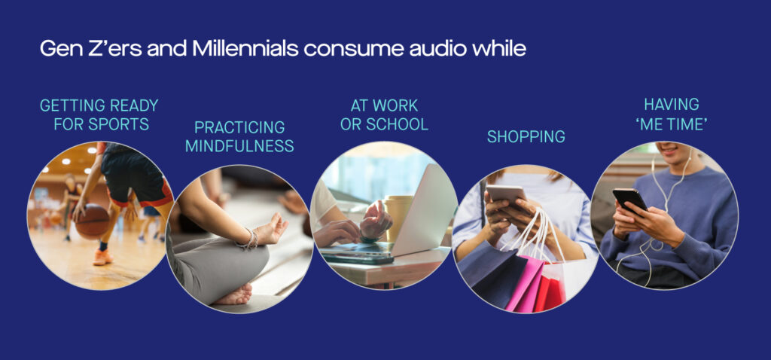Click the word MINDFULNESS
point(239,146)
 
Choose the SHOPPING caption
point(526,136)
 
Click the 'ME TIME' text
point(671,124)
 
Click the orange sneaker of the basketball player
point(102,257)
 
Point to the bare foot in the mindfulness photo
point(235,296)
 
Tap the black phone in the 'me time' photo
point(629,200)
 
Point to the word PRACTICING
point(239,127)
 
